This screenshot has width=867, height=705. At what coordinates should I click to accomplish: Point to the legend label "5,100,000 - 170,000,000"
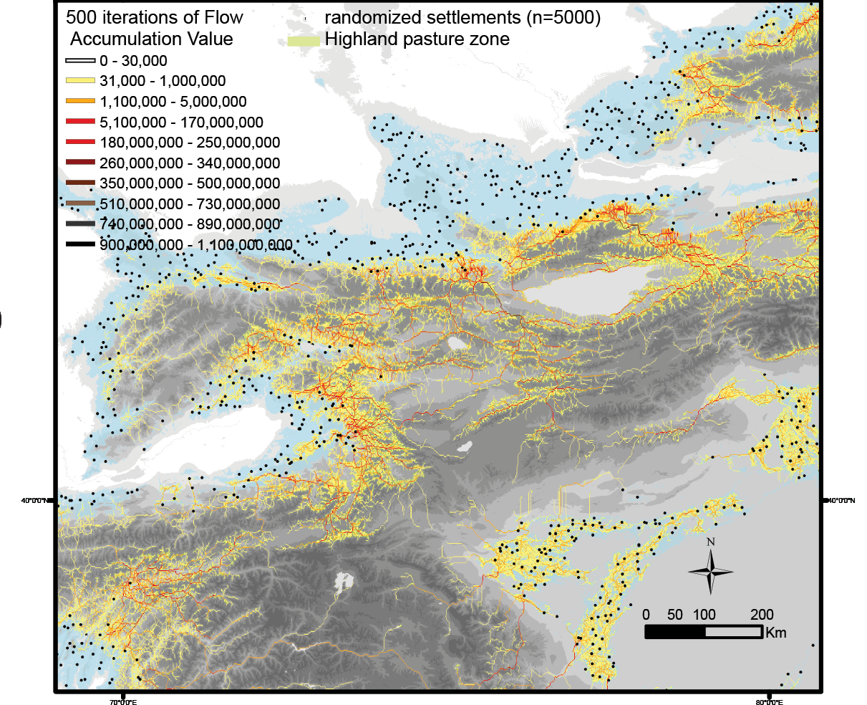(181, 123)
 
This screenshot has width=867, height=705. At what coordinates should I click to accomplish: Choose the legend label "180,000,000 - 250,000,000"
(190, 143)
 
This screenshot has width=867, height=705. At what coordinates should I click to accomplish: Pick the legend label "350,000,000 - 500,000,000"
(190, 183)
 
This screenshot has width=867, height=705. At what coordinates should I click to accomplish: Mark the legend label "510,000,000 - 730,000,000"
(190, 204)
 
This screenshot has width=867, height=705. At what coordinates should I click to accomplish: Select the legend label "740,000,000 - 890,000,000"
(190, 224)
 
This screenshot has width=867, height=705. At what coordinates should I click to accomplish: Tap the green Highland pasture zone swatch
(303, 40)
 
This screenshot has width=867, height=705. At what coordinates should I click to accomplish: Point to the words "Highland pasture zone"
(417, 39)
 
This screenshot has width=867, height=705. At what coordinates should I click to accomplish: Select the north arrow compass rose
(710, 572)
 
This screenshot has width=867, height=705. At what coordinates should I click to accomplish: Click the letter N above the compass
(710, 542)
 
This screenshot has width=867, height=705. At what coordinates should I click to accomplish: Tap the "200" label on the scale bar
(762, 615)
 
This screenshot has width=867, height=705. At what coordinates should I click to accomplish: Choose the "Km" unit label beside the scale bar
(775, 633)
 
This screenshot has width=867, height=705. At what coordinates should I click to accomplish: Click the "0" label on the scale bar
(646, 615)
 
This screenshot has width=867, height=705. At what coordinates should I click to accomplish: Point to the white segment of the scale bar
(733, 632)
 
